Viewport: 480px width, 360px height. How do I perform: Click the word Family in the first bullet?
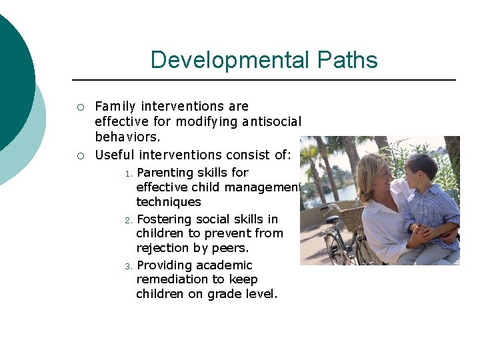(115, 106)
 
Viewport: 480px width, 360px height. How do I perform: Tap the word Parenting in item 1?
(165, 173)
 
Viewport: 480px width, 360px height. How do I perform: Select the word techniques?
(169, 202)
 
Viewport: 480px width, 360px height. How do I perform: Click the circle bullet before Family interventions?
(80, 107)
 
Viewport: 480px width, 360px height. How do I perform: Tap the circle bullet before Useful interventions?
(80, 156)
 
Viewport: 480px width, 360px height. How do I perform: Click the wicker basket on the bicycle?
(352, 217)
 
